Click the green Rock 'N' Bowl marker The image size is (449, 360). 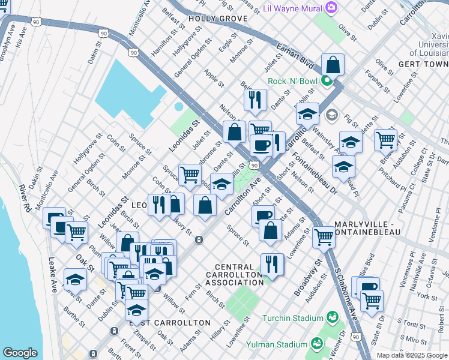pyautogui.click(x=327, y=81)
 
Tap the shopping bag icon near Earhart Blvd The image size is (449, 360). pyautogui.click(x=333, y=65)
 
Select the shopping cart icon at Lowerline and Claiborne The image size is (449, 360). pyautogui.click(x=324, y=237)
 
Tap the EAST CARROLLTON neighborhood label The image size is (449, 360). pyautogui.click(x=170, y=323)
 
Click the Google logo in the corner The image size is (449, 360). pyautogui.click(x=20, y=353)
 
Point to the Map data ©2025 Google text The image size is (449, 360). pyautogui.click(x=411, y=355)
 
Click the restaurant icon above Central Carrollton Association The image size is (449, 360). pyautogui.click(x=272, y=264)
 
